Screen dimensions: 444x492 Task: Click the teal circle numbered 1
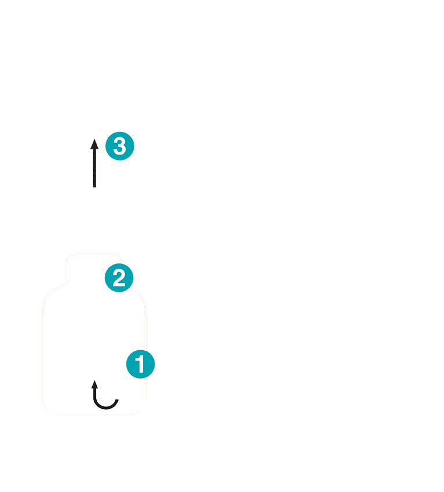[140, 364]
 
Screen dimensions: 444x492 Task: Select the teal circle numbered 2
[119, 278]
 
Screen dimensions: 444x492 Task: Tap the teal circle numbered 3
[120, 146]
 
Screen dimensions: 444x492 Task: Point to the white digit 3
[120, 146]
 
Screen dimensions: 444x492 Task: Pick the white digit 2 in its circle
[119, 278]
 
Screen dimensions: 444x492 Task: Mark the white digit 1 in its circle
[140, 364]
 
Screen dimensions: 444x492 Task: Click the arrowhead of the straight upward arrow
[94, 144]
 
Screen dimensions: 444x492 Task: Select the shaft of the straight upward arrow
[94, 168]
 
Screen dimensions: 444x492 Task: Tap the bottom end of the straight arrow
[94, 188]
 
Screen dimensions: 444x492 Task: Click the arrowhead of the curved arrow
[94, 384]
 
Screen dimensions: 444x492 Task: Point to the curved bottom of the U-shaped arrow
[105, 408]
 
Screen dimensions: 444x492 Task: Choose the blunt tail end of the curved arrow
[117, 400]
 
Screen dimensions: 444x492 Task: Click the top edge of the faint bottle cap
[94, 254]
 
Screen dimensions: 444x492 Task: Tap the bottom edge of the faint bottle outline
[94, 414]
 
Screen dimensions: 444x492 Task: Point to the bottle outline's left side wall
[42, 355]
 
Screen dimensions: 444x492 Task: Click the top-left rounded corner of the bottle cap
[67, 256]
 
